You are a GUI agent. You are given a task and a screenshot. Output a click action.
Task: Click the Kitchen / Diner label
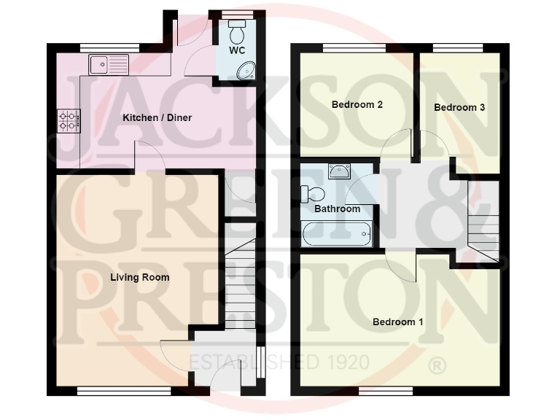coord(157,117)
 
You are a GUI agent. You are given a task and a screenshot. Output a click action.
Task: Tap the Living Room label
coord(140,277)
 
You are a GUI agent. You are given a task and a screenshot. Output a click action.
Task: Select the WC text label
coord(237,52)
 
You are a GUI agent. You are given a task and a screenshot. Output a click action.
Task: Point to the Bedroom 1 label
coord(398,322)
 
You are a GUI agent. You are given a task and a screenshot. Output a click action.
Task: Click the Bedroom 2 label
coord(357,104)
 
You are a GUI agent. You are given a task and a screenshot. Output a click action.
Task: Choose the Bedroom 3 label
coord(459,107)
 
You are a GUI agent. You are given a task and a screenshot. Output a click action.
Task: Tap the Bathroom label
coord(337,209)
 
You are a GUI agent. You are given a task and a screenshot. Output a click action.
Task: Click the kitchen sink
coord(108,65)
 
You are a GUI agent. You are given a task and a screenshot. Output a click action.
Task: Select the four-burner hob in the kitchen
coord(68,120)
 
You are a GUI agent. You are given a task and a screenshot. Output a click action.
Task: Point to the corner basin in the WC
coord(246,71)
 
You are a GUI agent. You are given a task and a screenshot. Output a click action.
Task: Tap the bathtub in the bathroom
coord(337,233)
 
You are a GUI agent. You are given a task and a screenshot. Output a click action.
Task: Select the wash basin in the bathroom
coord(339,172)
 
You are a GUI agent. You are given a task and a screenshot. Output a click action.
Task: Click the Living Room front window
coord(124,392)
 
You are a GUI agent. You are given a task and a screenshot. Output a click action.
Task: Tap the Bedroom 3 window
coord(456,48)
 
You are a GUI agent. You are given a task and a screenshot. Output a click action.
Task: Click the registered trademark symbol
coord(437,363)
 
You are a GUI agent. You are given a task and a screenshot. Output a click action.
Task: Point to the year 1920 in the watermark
coord(343,362)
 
